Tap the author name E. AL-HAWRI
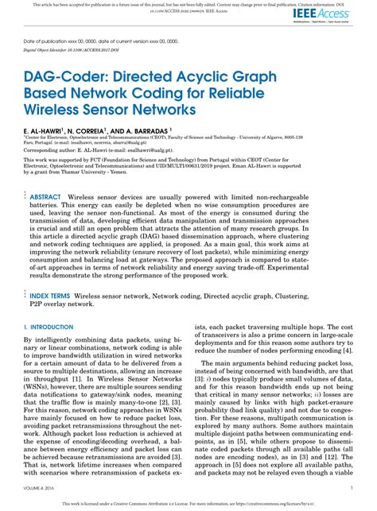click(44, 128)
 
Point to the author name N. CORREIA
click(90, 128)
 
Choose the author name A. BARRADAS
click(146, 128)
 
